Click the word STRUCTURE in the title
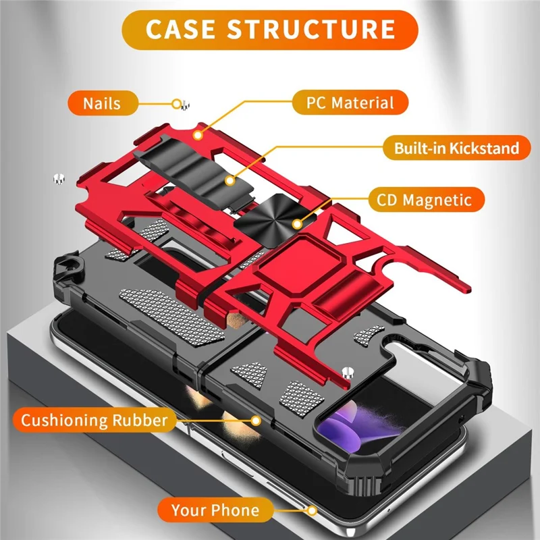pyautogui.click(x=311, y=30)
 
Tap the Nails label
pyautogui.click(x=102, y=103)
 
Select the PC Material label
pyautogui.click(x=351, y=103)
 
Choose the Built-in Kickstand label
pyautogui.click(x=456, y=148)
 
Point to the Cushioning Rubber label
pyautogui.click(x=94, y=421)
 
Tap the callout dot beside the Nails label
pyautogui.click(x=177, y=103)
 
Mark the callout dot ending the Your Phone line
pyautogui.click(x=311, y=510)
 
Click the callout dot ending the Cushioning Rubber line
pyautogui.click(x=256, y=421)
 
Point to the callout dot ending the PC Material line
pyautogui.click(x=198, y=135)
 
